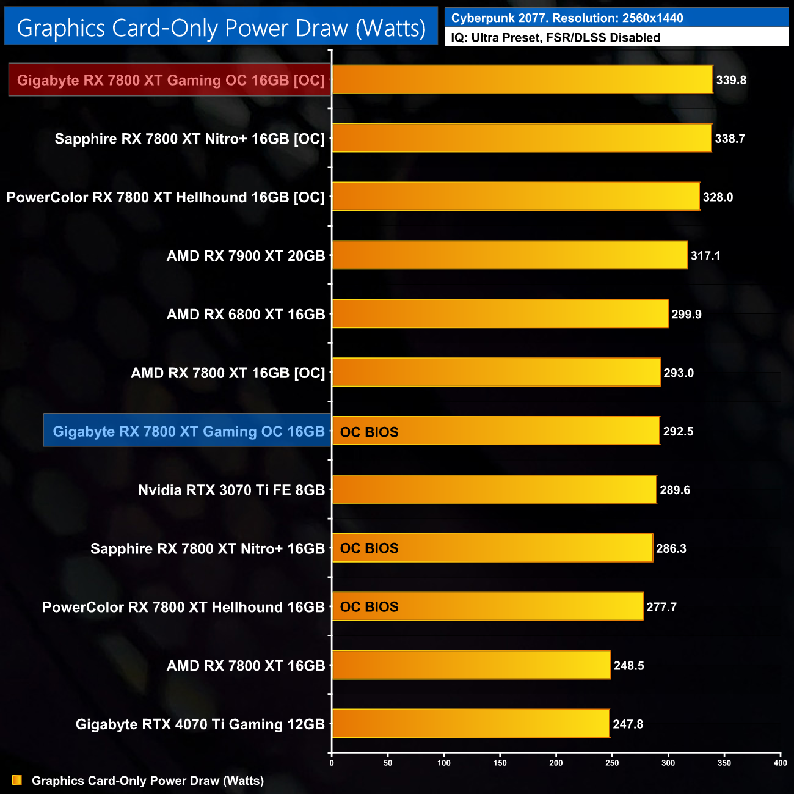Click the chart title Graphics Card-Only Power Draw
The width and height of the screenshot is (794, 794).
click(221, 27)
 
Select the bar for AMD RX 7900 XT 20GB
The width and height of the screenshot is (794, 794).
click(510, 255)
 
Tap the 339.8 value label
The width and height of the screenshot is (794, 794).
click(731, 80)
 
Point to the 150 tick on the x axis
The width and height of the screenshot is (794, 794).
click(500, 763)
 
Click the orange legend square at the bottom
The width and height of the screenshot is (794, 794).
click(17, 780)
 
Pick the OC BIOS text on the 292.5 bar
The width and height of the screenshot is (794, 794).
click(369, 432)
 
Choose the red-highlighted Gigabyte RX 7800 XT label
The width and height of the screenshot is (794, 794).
click(170, 80)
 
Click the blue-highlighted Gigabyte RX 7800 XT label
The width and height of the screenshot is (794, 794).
click(188, 431)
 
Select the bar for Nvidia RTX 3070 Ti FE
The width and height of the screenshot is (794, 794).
click(495, 489)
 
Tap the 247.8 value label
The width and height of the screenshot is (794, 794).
click(628, 724)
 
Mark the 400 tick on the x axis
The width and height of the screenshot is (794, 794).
click(780, 763)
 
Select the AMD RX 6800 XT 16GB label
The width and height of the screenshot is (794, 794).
click(246, 315)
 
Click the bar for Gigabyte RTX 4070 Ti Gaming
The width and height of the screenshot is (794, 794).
click(471, 724)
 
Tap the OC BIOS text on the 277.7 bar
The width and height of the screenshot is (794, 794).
click(369, 607)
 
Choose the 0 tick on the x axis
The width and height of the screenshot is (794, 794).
click(332, 763)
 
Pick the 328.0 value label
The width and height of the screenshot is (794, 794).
click(718, 197)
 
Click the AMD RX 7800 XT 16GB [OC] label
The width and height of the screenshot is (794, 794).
click(228, 373)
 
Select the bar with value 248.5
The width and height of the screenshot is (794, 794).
click(472, 665)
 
